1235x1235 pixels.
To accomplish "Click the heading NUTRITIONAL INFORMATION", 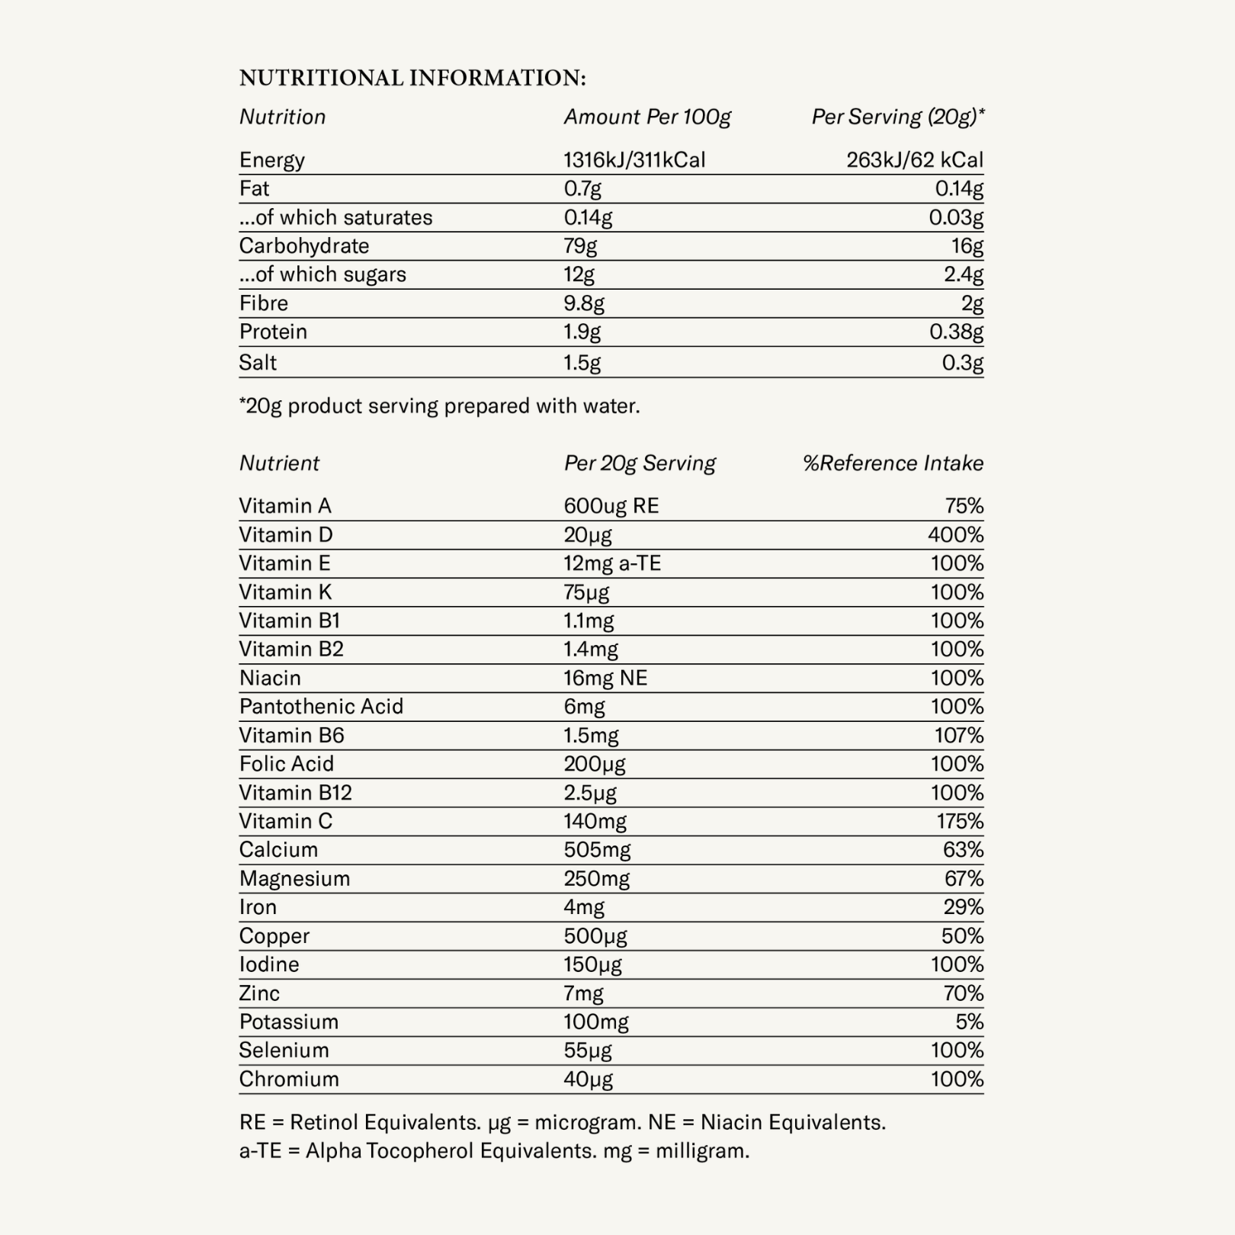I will [412, 78].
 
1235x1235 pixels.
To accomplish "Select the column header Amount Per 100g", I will [647, 117].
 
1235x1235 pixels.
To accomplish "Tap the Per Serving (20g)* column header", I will [897, 117].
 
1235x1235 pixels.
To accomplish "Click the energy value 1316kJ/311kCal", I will [634, 160].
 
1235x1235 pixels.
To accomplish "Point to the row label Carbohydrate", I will [304, 246].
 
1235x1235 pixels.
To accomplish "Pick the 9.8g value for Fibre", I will [584, 303].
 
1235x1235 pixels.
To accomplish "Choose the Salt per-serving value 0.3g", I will [962, 363].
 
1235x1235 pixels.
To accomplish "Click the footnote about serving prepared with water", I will [440, 406].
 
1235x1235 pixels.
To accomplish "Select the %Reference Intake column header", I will [893, 464].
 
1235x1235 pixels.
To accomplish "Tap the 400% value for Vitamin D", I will [955, 535].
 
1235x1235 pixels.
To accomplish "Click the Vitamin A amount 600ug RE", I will [611, 506].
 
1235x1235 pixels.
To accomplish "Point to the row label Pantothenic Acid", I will [321, 707].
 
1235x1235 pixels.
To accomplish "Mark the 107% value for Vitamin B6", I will [959, 736].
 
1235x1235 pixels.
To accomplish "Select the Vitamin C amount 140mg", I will [595, 822].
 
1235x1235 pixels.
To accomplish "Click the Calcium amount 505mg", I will [597, 850].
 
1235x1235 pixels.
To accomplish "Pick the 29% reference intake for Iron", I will [963, 907].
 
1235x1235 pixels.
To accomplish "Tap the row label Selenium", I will [284, 1051].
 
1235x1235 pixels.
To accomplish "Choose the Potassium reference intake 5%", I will [969, 1022].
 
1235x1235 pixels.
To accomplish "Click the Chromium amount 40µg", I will [588, 1079].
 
